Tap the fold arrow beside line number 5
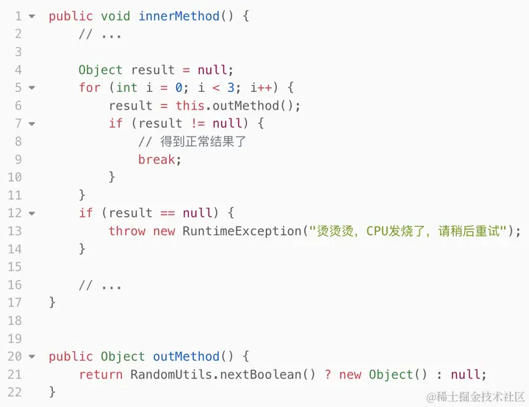(x=32, y=87)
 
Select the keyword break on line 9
(x=156, y=159)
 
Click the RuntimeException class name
(x=242, y=231)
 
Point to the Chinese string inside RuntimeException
(x=409, y=231)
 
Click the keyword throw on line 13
(x=127, y=231)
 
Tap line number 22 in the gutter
(x=15, y=392)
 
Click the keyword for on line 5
(x=90, y=87)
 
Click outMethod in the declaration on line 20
(x=187, y=356)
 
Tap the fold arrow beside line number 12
(x=32, y=213)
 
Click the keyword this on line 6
(x=190, y=105)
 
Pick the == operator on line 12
(x=168, y=213)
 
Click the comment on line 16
(x=101, y=285)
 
